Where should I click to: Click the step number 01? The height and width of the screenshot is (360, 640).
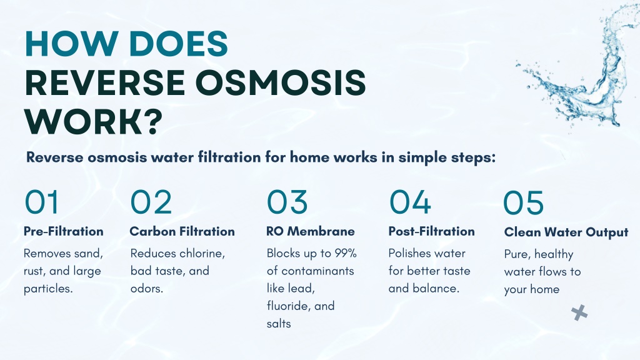(x=42, y=202)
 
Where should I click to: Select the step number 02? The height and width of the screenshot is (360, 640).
(x=151, y=202)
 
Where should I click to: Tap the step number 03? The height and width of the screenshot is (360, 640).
(x=287, y=202)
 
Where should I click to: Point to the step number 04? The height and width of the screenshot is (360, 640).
(x=410, y=202)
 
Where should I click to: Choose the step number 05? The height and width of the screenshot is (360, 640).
(x=523, y=202)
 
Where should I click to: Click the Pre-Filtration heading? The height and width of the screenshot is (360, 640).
(x=64, y=231)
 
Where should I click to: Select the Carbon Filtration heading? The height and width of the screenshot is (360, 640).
(x=182, y=231)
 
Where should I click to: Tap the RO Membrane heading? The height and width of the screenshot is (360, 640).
(x=310, y=231)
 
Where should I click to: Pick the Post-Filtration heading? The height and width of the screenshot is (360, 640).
(x=431, y=231)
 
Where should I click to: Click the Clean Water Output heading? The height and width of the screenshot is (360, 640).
(x=566, y=232)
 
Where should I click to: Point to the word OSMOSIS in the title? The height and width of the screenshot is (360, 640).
(x=283, y=83)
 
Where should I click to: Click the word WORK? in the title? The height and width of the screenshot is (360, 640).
(x=94, y=122)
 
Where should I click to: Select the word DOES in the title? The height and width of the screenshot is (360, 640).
(x=178, y=43)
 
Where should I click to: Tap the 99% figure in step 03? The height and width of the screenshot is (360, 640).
(x=346, y=253)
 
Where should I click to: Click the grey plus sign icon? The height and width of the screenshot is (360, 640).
(x=579, y=312)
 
